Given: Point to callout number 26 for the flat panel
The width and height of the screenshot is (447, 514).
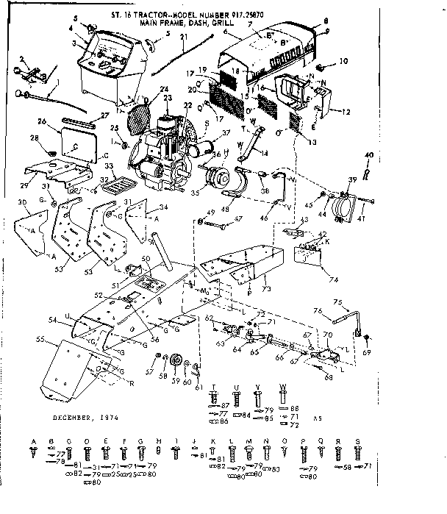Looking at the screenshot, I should coord(43,122).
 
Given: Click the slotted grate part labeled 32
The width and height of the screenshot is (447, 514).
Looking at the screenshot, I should coord(114,188).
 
